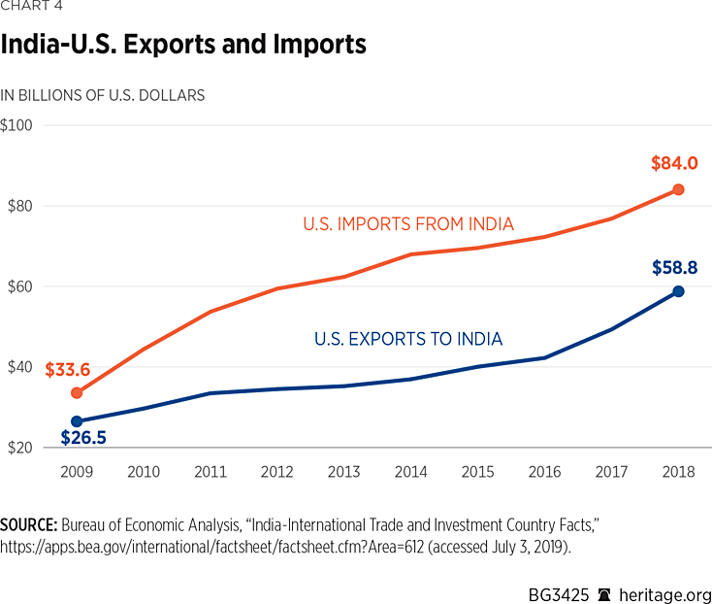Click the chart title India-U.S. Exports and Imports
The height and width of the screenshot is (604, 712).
182,45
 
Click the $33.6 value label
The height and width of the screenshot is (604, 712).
66,369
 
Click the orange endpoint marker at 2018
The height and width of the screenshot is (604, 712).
678,189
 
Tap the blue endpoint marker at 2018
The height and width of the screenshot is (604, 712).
678,291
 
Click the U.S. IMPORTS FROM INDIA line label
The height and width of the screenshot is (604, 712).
407,224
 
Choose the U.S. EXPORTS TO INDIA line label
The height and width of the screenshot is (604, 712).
408,339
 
